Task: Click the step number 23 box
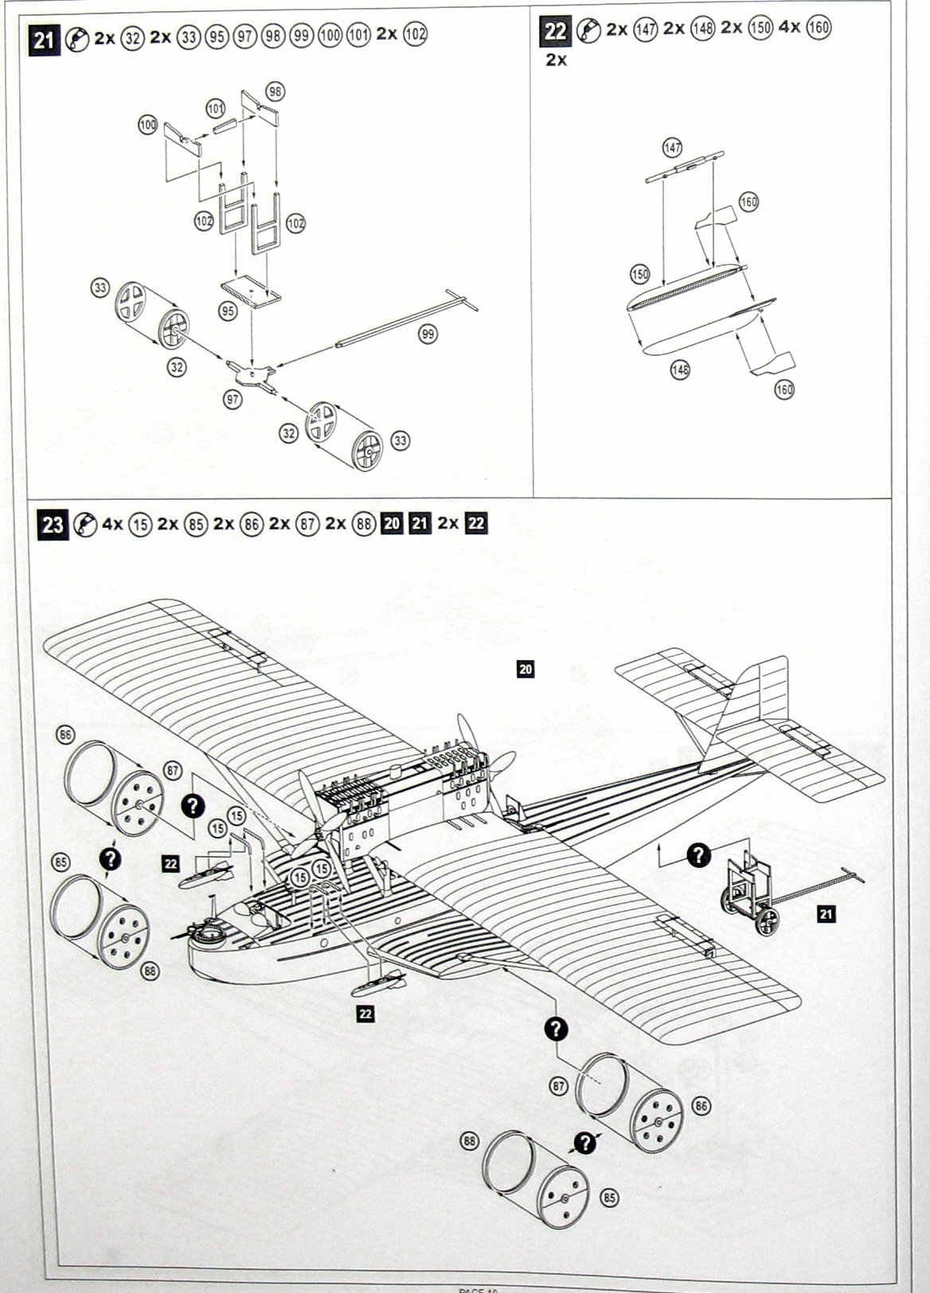pyautogui.click(x=53, y=525)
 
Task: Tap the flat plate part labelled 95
pyautogui.click(x=250, y=292)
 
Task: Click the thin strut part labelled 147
pyautogui.click(x=685, y=168)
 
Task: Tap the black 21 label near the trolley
pyautogui.click(x=826, y=915)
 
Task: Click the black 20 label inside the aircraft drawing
pyautogui.click(x=525, y=670)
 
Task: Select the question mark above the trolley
pyautogui.click(x=698, y=855)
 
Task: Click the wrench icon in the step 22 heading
pyautogui.click(x=588, y=31)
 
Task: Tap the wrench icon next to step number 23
pyautogui.click(x=84, y=525)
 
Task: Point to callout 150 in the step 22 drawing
pyautogui.click(x=640, y=274)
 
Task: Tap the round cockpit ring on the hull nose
pyautogui.click(x=209, y=928)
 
